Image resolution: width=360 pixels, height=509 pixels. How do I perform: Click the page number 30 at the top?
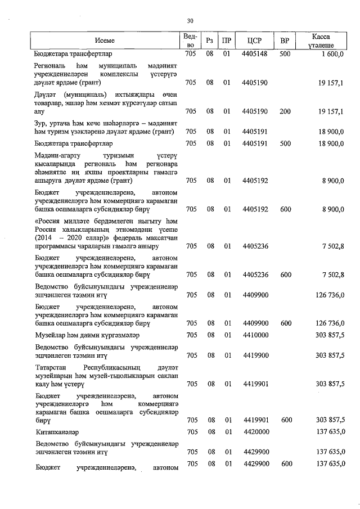[x=190, y=21]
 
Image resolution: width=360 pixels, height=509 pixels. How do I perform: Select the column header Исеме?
[x=105, y=40]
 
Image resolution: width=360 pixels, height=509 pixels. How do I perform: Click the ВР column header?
[x=285, y=40]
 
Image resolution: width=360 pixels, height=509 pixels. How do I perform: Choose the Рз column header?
[x=209, y=40]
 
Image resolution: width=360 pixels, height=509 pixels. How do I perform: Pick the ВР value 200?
[x=285, y=111]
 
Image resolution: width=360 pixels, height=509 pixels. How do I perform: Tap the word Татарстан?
[x=53, y=367]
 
